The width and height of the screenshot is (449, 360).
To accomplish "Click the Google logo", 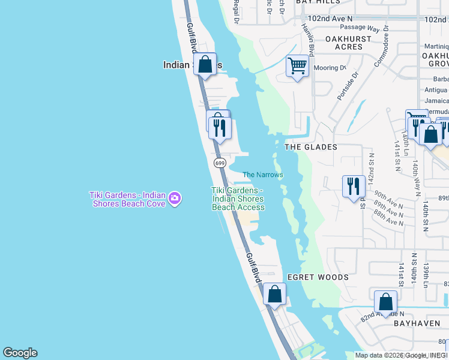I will [x=20, y=353].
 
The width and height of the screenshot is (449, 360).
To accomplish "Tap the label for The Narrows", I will [x=262, y=175].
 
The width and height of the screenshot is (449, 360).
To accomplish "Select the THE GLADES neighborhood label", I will [x=310, y=147].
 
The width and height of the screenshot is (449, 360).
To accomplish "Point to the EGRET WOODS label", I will [x=318, y=277].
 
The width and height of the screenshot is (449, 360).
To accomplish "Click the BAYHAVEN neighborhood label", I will [x=418, y=323].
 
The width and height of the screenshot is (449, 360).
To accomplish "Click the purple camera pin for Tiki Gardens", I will [x=175, y=197].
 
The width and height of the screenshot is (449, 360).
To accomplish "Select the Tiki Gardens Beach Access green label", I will [x=238, y=199].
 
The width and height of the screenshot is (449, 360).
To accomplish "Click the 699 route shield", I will [x=220, y=163].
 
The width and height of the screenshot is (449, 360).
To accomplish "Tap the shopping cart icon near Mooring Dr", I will [x=297, y=65].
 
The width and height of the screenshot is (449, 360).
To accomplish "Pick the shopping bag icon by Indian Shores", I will [x=205, y=64].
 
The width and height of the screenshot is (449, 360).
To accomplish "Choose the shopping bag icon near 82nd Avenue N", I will [x=385, y=302].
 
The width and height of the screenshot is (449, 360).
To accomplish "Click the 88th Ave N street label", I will [x=388, y=222].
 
